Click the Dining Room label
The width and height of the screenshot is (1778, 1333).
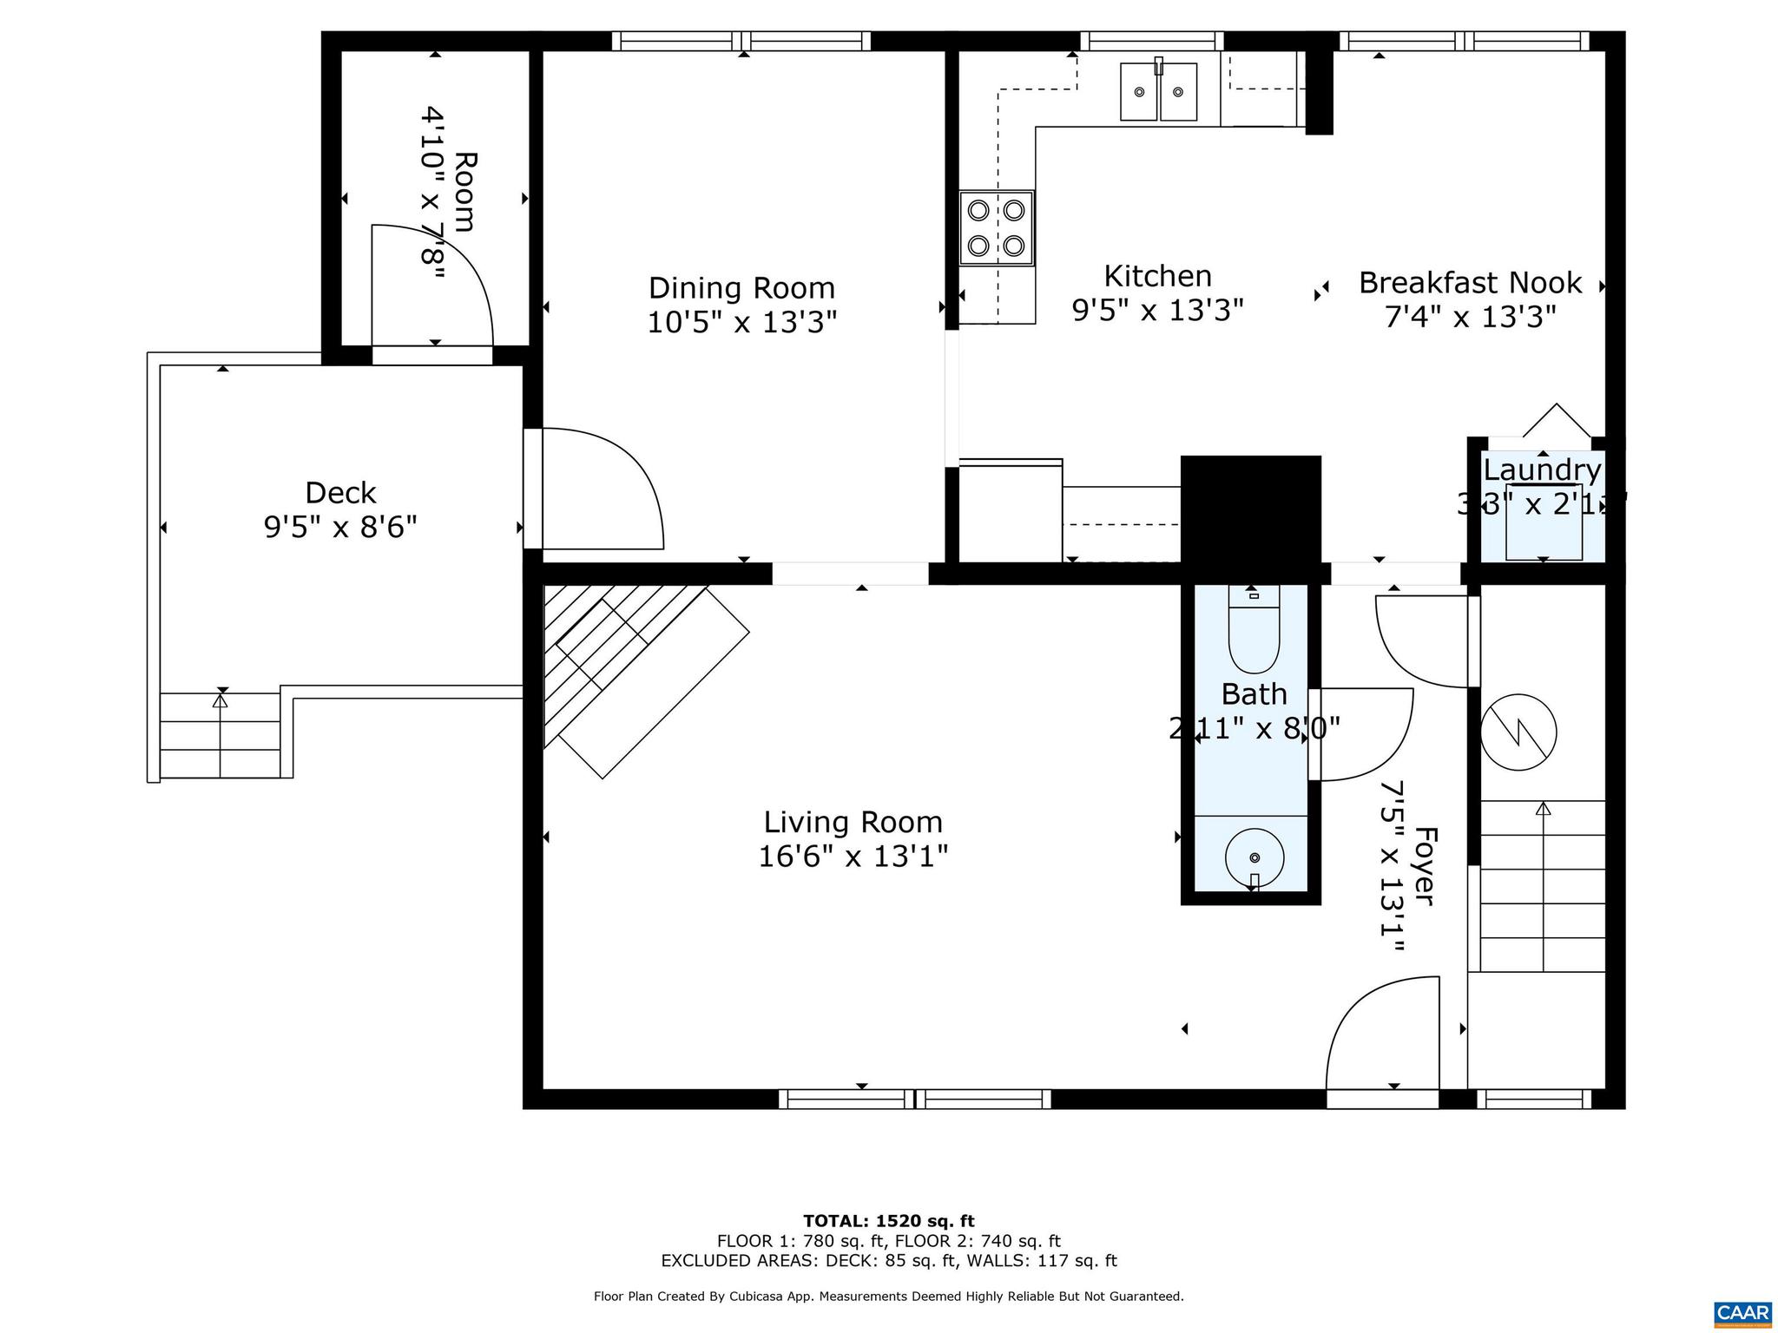(x=741, y=287)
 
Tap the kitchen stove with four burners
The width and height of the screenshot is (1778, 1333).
(x=997, y=227)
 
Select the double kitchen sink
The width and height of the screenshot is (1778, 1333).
(x=1158, y=91)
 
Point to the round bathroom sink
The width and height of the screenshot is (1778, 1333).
(x=1254, y=857)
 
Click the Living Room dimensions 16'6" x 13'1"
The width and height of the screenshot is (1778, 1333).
(x=853, y=857)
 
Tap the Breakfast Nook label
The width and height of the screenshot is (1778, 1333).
(x=1470, y=283)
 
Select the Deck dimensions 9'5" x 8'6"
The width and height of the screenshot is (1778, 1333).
(x=340, y=527)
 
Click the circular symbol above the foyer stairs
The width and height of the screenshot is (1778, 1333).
(x=1518, y=732)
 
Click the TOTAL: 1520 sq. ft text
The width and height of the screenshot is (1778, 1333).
(x=888, y=1221)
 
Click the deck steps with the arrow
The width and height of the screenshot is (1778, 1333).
(x=221, y=735)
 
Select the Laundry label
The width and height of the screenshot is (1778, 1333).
(x=1542, y=470)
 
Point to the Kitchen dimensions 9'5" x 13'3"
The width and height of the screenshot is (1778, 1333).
(x=1157, y=310)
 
